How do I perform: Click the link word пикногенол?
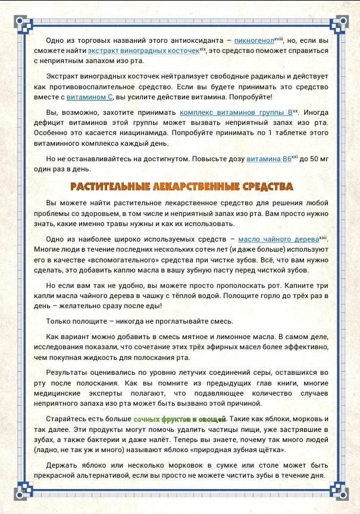click(253, 40)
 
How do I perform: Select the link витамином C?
click(89, 96)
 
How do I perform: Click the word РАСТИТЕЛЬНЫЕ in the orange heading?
click(111, 187)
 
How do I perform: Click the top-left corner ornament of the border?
click(22, 23)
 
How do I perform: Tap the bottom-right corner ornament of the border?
click(337, 491)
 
